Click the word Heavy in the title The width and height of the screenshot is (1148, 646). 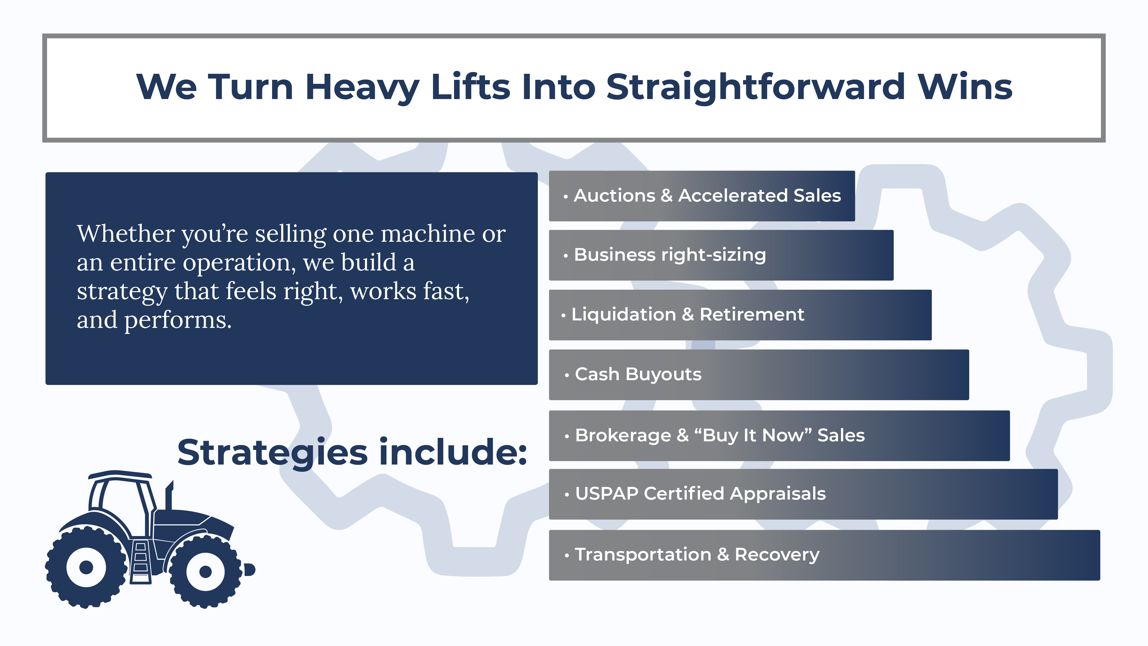(x=362, y=87)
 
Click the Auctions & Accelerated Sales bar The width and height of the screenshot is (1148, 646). (x=702, y=196)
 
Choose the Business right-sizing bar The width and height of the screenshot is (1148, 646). (x=721, y=255)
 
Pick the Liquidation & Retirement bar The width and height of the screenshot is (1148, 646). (x=740, y=315)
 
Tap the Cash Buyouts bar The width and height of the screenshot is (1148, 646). (x=759, y=374)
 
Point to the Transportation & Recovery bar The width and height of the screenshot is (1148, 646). (x=825, y=555)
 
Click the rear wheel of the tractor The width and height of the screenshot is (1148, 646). (x=86, y=567)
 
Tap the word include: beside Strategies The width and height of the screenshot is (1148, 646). (x=453, y=452)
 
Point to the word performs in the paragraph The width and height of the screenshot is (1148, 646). (x=178, y=320)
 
